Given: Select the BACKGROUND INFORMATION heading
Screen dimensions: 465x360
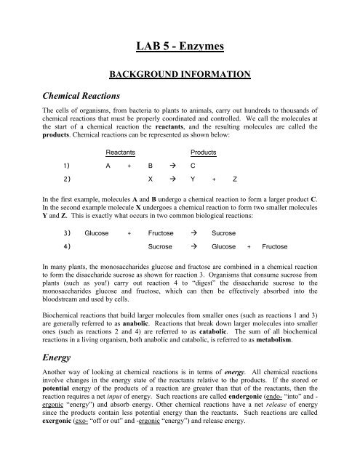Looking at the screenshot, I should [x=180, y=73].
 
